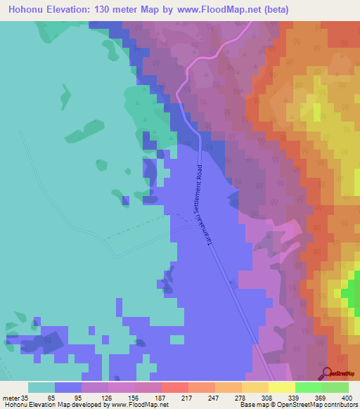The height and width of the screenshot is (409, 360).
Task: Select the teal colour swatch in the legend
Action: point(41,388)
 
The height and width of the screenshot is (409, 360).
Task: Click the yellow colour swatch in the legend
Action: point(282,388)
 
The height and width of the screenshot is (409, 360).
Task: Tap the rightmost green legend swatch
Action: point(335,388)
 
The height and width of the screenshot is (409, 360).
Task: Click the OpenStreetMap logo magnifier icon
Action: point(326,372)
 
